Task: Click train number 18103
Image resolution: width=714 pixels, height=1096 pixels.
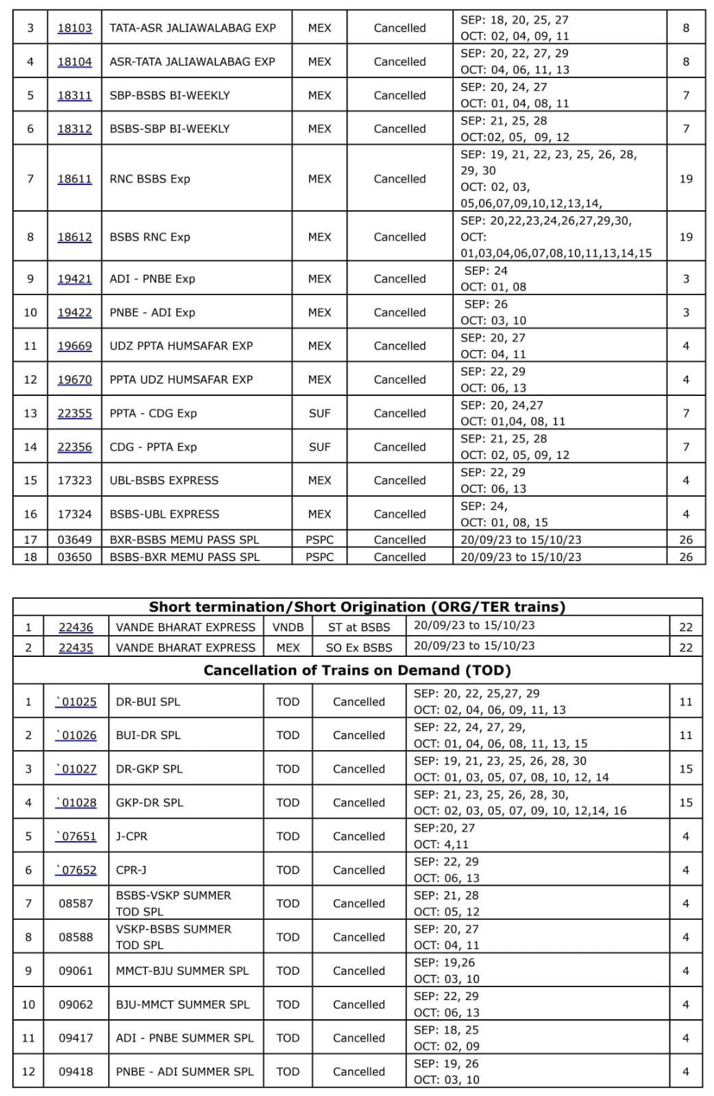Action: point(74,28)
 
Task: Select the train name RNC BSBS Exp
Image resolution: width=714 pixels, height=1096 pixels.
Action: point(149,179)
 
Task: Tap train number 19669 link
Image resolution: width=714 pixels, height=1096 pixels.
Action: point(74,346)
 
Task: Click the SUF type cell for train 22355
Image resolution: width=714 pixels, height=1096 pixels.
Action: point(319,413)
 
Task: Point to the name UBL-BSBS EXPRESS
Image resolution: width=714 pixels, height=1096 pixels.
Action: point(164,480)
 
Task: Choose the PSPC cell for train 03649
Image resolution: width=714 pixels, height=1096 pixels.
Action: point(319,540)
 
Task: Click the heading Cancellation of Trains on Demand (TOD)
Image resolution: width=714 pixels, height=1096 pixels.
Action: point(357,670)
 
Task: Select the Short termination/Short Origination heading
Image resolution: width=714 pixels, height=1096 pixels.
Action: point(357,607)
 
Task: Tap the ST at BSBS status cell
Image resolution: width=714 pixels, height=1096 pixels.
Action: point(358,627)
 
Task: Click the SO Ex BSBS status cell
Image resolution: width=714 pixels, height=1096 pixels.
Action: point(358,647)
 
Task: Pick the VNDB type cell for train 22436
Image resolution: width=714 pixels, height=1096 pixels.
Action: point(288,627)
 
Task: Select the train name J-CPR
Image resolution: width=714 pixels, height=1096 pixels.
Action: point(132,836)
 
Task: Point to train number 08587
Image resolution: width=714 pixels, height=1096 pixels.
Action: point(75,904)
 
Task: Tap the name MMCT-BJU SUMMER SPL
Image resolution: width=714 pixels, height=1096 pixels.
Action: point(182,971)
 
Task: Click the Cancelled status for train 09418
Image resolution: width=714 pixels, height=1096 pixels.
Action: point(358,1071)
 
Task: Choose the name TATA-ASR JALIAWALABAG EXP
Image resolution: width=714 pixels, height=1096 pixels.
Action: point(193,28)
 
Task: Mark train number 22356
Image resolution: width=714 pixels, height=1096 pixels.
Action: point(74,447)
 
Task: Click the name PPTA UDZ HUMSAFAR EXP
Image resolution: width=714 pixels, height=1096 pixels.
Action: point(181,379)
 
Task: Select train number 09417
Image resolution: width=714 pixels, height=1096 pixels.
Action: point(75,1038)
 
